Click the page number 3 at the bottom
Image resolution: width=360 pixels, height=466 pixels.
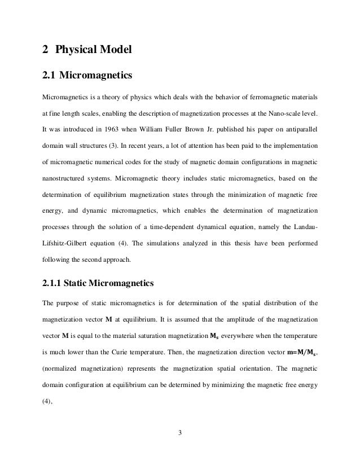[179, 433]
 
